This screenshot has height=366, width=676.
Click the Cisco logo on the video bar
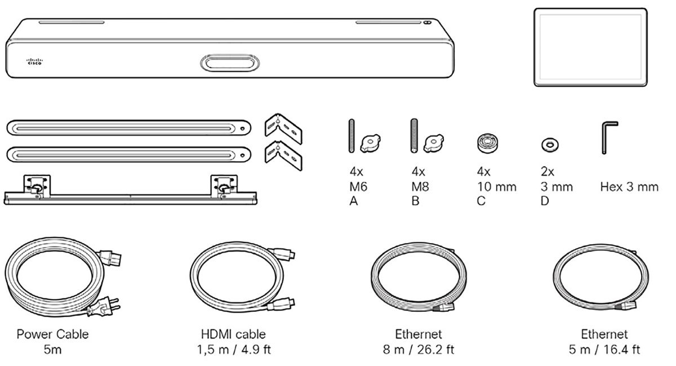(x=35, y=62)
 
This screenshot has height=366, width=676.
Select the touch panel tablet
(x=590, y=47)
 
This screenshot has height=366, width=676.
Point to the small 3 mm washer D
(x=546, y=145)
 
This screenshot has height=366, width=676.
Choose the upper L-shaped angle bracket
(x=284, y=127)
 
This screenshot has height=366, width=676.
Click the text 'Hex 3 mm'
(x=629, y=187)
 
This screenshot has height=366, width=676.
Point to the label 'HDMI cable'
(x=233, y=334)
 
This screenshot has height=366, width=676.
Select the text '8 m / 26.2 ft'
(x=418, y=350)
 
